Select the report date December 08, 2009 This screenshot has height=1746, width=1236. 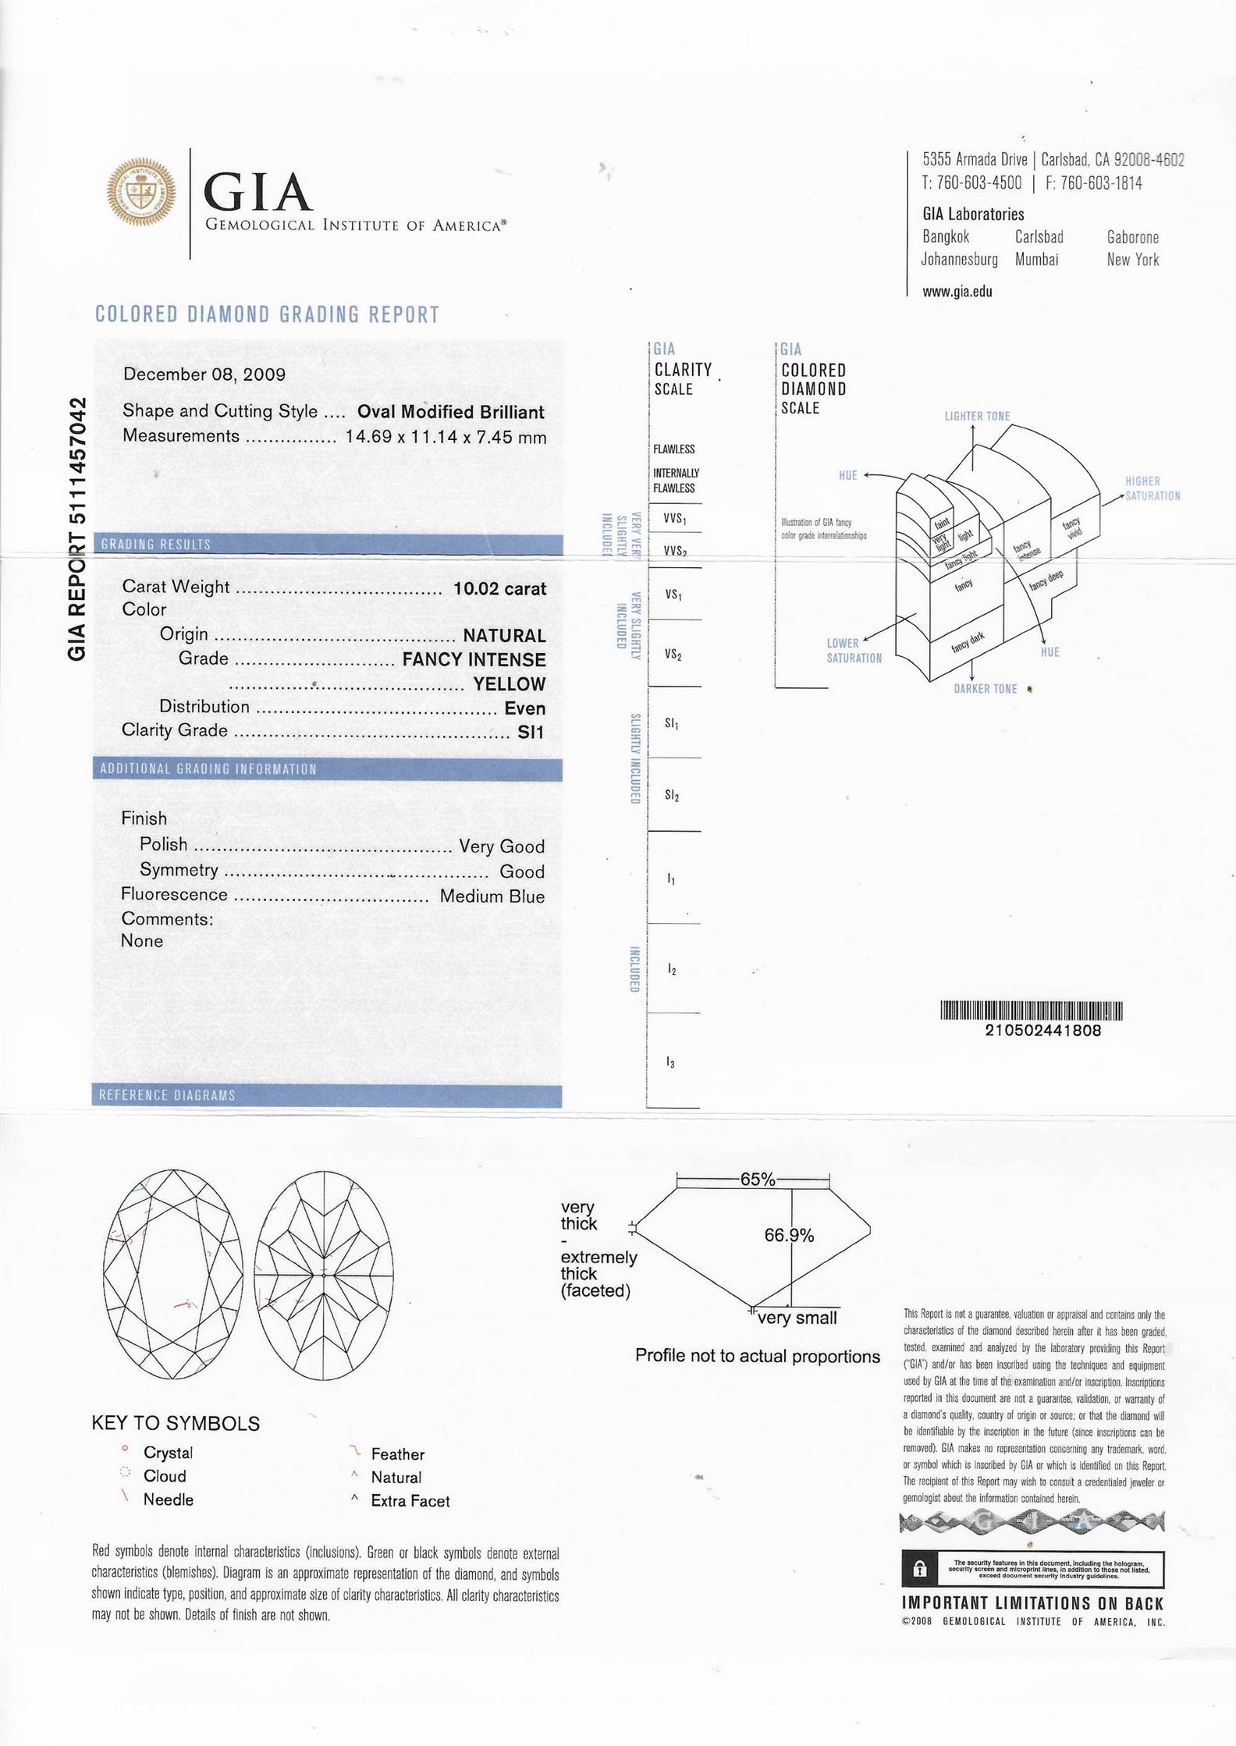coord(204,374)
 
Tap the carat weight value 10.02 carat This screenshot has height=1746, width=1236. coord(499,588)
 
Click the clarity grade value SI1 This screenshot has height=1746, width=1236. coord(531,732)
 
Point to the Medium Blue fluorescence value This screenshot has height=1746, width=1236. coord(492,896)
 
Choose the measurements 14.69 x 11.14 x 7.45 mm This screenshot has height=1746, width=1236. coord(446,437)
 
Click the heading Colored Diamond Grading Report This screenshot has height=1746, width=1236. coord(267,314)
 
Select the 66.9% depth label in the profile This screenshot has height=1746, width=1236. coord(789,1235)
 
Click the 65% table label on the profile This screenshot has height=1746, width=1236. coord(758,1179)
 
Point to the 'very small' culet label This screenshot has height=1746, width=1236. coord(797,1318)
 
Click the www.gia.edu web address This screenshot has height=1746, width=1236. coord(957,292)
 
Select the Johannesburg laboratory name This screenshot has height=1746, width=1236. coord(959,260)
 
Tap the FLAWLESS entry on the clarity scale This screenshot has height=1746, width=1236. coord(673,449)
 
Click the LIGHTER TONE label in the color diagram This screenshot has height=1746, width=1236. coord(977,416)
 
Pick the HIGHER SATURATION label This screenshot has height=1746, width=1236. coord(1152,488)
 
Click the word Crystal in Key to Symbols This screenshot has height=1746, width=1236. coord(168,1453)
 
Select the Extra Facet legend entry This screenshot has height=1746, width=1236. coord(410,1501)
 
